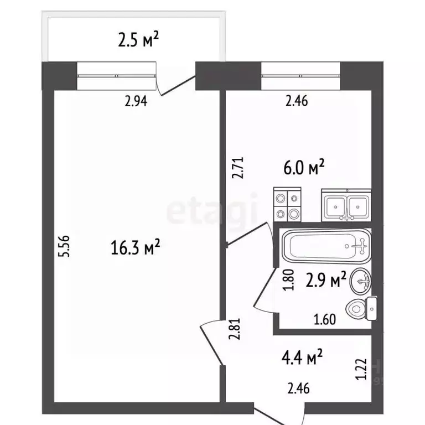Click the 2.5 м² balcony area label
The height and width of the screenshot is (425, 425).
point(138,39)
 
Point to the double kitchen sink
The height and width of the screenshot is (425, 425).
point(346,205)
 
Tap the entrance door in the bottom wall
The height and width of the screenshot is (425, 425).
point(279,414)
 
